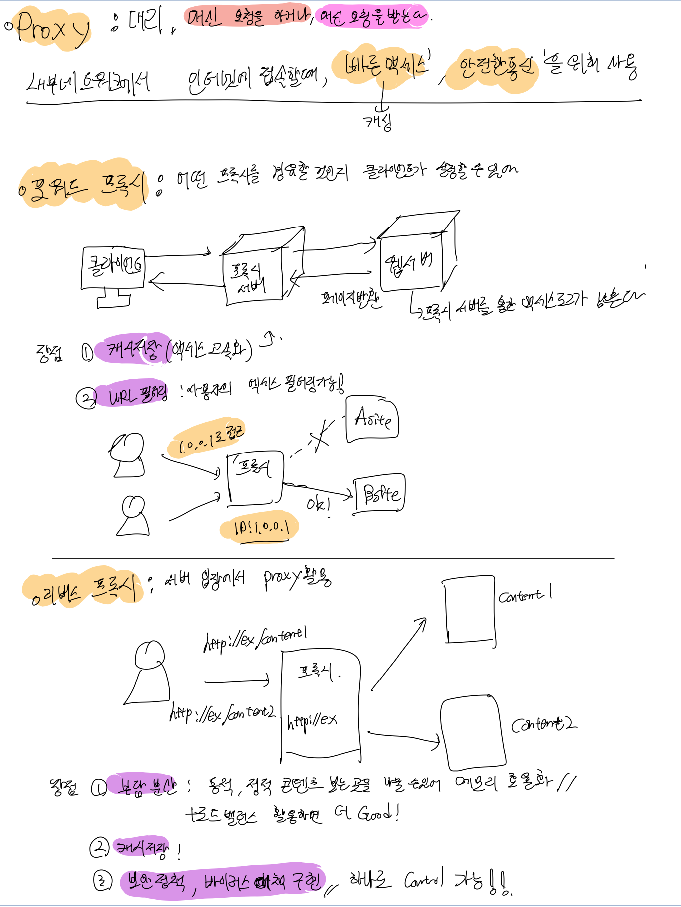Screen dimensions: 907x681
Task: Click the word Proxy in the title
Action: click(52, 29)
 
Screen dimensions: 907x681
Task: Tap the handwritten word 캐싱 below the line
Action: click(377, 121)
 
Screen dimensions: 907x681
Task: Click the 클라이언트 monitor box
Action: click(113, 268)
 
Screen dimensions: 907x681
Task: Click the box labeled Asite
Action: click(372, 419)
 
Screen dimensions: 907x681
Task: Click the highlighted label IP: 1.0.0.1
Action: click(260, 528)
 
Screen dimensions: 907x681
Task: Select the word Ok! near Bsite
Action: click(318, 505)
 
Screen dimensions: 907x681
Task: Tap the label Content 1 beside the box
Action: click(525, 595)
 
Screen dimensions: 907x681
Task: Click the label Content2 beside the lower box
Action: click(544, 724)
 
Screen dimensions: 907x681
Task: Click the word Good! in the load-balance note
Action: click(378, 814)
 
